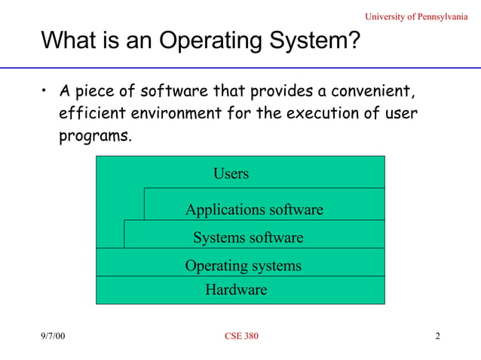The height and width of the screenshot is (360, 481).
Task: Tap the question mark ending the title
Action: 353,41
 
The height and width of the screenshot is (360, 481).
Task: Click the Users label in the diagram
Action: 231,174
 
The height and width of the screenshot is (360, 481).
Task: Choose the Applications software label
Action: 254,209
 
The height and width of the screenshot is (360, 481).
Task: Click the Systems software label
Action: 248,238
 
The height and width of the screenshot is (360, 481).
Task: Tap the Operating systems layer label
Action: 243,266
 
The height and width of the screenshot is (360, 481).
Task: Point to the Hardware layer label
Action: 236,289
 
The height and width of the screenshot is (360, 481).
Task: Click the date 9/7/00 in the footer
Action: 53,336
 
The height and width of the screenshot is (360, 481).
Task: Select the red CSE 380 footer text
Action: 241,336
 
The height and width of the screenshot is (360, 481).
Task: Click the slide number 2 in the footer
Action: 437,336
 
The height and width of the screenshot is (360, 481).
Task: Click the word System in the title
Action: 302,41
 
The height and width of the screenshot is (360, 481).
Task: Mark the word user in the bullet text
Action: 400,114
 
